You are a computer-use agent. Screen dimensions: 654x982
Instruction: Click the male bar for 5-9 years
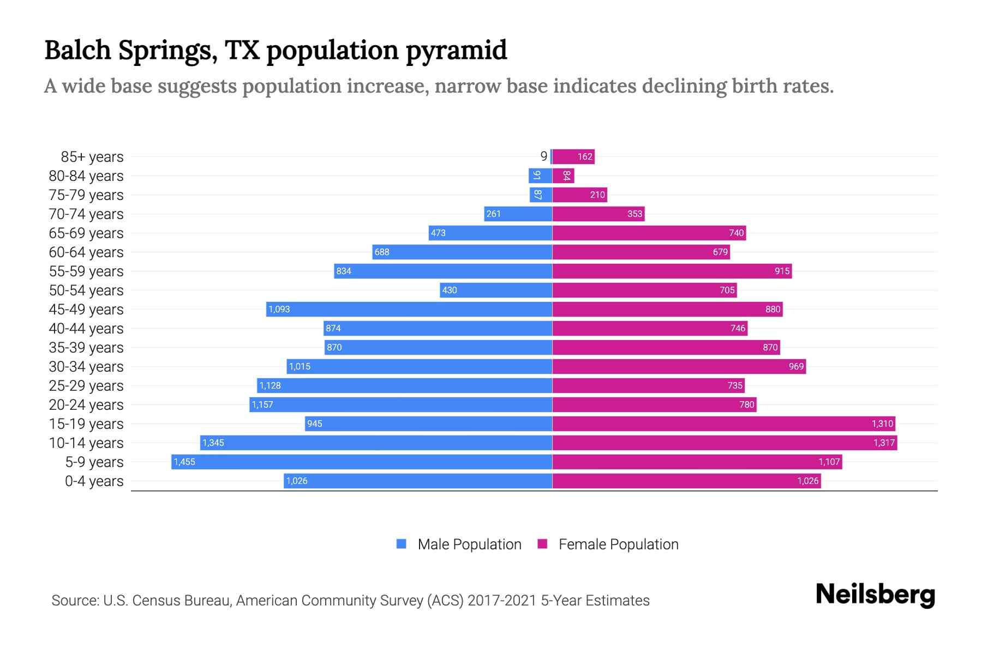361,462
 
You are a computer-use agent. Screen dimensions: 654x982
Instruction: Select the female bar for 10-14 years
724,443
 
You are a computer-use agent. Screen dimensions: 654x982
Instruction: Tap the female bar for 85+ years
573,157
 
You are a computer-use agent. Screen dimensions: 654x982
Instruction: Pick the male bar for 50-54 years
496,290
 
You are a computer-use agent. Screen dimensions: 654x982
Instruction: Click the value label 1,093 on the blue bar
279,310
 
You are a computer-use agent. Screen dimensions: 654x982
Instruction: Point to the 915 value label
782,271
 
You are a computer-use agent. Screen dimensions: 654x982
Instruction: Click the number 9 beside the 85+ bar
543,156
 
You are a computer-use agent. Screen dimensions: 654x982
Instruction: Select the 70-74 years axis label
86,214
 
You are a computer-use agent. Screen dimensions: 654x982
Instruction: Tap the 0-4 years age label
94,481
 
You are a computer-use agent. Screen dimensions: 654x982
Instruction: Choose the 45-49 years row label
86,310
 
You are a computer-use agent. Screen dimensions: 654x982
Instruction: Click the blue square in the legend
402,544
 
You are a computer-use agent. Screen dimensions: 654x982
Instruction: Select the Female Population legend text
618,544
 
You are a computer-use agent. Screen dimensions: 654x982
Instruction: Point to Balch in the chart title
77,50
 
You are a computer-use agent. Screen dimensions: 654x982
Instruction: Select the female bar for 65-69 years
649,233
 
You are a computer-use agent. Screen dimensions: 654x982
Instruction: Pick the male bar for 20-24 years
401,405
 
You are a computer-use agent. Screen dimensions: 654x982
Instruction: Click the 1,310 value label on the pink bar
882,424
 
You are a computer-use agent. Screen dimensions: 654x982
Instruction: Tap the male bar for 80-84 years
540,176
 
